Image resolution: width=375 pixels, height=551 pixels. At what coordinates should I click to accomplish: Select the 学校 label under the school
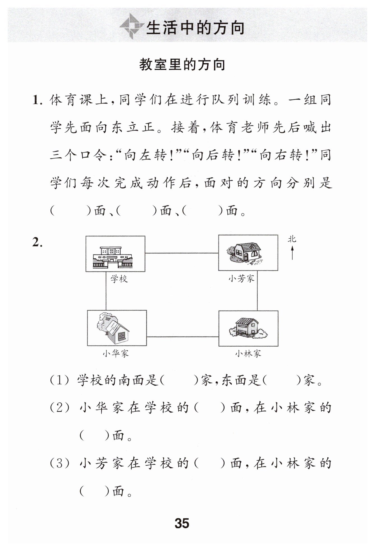(x=119, y=279)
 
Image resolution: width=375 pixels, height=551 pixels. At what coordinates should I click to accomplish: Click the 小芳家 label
(x=241, y=278)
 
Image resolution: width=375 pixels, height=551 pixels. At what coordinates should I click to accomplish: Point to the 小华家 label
(x=116, y=353)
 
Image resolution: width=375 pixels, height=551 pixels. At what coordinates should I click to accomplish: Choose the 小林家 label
(x=248, y=353)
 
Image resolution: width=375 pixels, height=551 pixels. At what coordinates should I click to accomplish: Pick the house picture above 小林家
(x=248, y=328)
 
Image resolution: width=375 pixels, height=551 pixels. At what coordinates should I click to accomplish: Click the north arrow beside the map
(x=292, y=252)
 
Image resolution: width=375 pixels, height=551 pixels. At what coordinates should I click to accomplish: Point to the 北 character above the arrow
(x=292, y=239)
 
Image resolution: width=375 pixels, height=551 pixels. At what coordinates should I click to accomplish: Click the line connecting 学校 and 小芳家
(x=181, y=253)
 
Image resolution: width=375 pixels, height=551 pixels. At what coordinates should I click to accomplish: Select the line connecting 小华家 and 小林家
(x=182, y=336)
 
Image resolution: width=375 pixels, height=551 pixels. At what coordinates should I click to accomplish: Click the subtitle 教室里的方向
(x=182, y=65)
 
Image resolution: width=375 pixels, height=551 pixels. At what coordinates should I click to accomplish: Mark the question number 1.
(x=37, y=100)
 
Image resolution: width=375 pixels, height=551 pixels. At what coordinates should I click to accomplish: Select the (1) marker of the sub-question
(x=59, y=381)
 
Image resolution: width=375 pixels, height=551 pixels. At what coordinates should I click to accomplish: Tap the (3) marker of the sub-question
(x=59, y=464)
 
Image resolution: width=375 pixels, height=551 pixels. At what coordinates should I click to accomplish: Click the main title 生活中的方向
(x=195, y=28)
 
